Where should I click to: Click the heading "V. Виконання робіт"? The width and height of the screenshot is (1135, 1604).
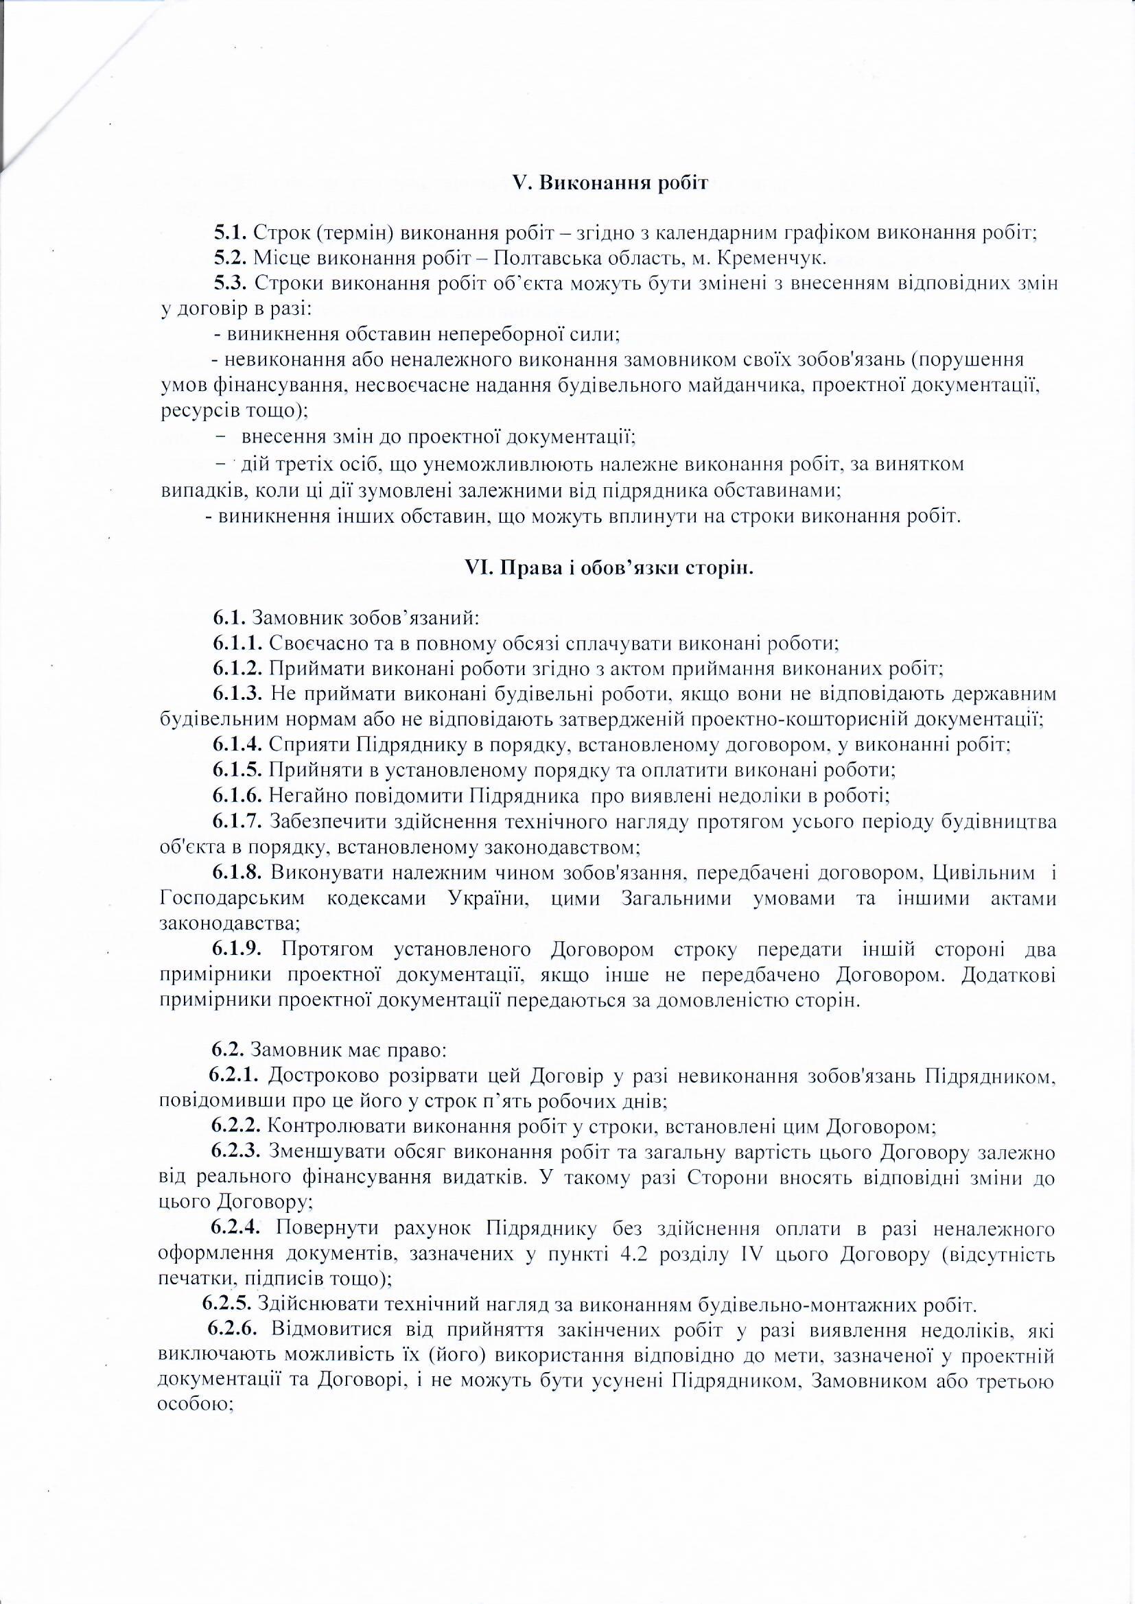point(610,184)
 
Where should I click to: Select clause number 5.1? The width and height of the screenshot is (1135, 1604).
point(230,233)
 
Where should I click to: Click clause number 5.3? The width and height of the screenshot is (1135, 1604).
point(230,283)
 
